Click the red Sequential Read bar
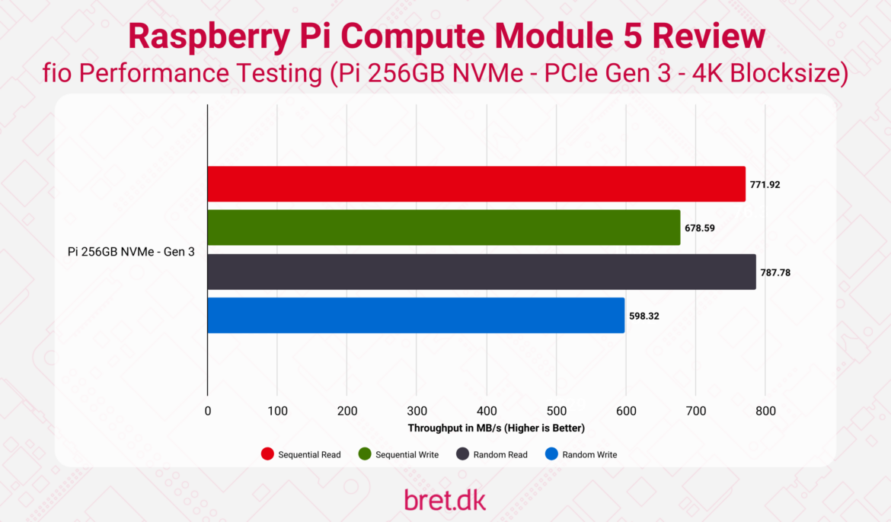(476, 184)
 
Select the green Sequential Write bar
(443, 228)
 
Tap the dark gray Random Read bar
(481, 272)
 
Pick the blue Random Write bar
(416, 315)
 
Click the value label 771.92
(765, 184)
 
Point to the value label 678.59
(699, 228)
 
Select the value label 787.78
(775, 272)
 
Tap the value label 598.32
(644, 315)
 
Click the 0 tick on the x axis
(208, 411)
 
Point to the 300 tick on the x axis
(417, 411)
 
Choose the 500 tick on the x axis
(557, 411)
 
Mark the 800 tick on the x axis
(765, 411)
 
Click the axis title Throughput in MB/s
(496, 428)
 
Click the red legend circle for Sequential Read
(267, 454)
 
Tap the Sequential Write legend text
(407, 454)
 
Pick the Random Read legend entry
(491, 454)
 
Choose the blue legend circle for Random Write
(552, 454)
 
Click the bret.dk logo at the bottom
(445, 500)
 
